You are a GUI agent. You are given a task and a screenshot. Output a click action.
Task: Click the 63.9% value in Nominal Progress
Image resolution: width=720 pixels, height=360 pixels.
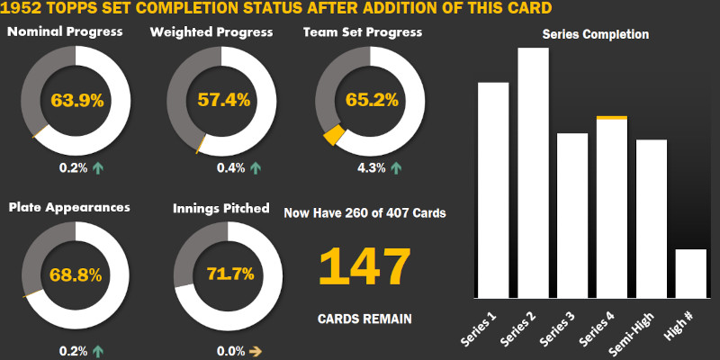(x=76, y=101)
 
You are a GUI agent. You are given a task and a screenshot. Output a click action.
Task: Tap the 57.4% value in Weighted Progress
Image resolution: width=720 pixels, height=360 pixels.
(x=223, y=101)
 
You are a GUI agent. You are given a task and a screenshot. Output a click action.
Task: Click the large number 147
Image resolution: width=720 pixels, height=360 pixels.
(x=364, y=266)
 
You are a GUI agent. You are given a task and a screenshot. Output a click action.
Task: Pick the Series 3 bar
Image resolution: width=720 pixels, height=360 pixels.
(x=571, y=216)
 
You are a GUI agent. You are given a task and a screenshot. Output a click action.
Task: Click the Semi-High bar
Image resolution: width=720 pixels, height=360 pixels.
(x=652, y=219)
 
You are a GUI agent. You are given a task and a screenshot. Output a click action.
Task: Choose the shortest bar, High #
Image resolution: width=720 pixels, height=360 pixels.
(x=690, y=274)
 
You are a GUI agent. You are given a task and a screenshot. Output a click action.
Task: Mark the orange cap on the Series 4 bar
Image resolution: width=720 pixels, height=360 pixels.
(x=612, y=118)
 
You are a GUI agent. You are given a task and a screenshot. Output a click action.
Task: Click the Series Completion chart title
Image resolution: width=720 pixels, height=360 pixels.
(x=596, y=35)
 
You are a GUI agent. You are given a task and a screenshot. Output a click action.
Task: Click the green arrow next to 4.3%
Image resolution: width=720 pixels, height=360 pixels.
(x=397, y=167)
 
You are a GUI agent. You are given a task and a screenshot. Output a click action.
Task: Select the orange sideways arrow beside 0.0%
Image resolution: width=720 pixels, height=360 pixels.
(x=256, y=352)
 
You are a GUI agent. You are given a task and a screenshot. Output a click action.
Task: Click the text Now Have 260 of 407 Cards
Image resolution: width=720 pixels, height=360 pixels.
(x=364, y=213)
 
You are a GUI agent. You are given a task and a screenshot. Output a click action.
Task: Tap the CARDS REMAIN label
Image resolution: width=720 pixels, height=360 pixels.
(x=364, y=319)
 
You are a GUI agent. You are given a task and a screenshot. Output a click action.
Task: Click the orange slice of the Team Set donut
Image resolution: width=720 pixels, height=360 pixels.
(x=334, y=135)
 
